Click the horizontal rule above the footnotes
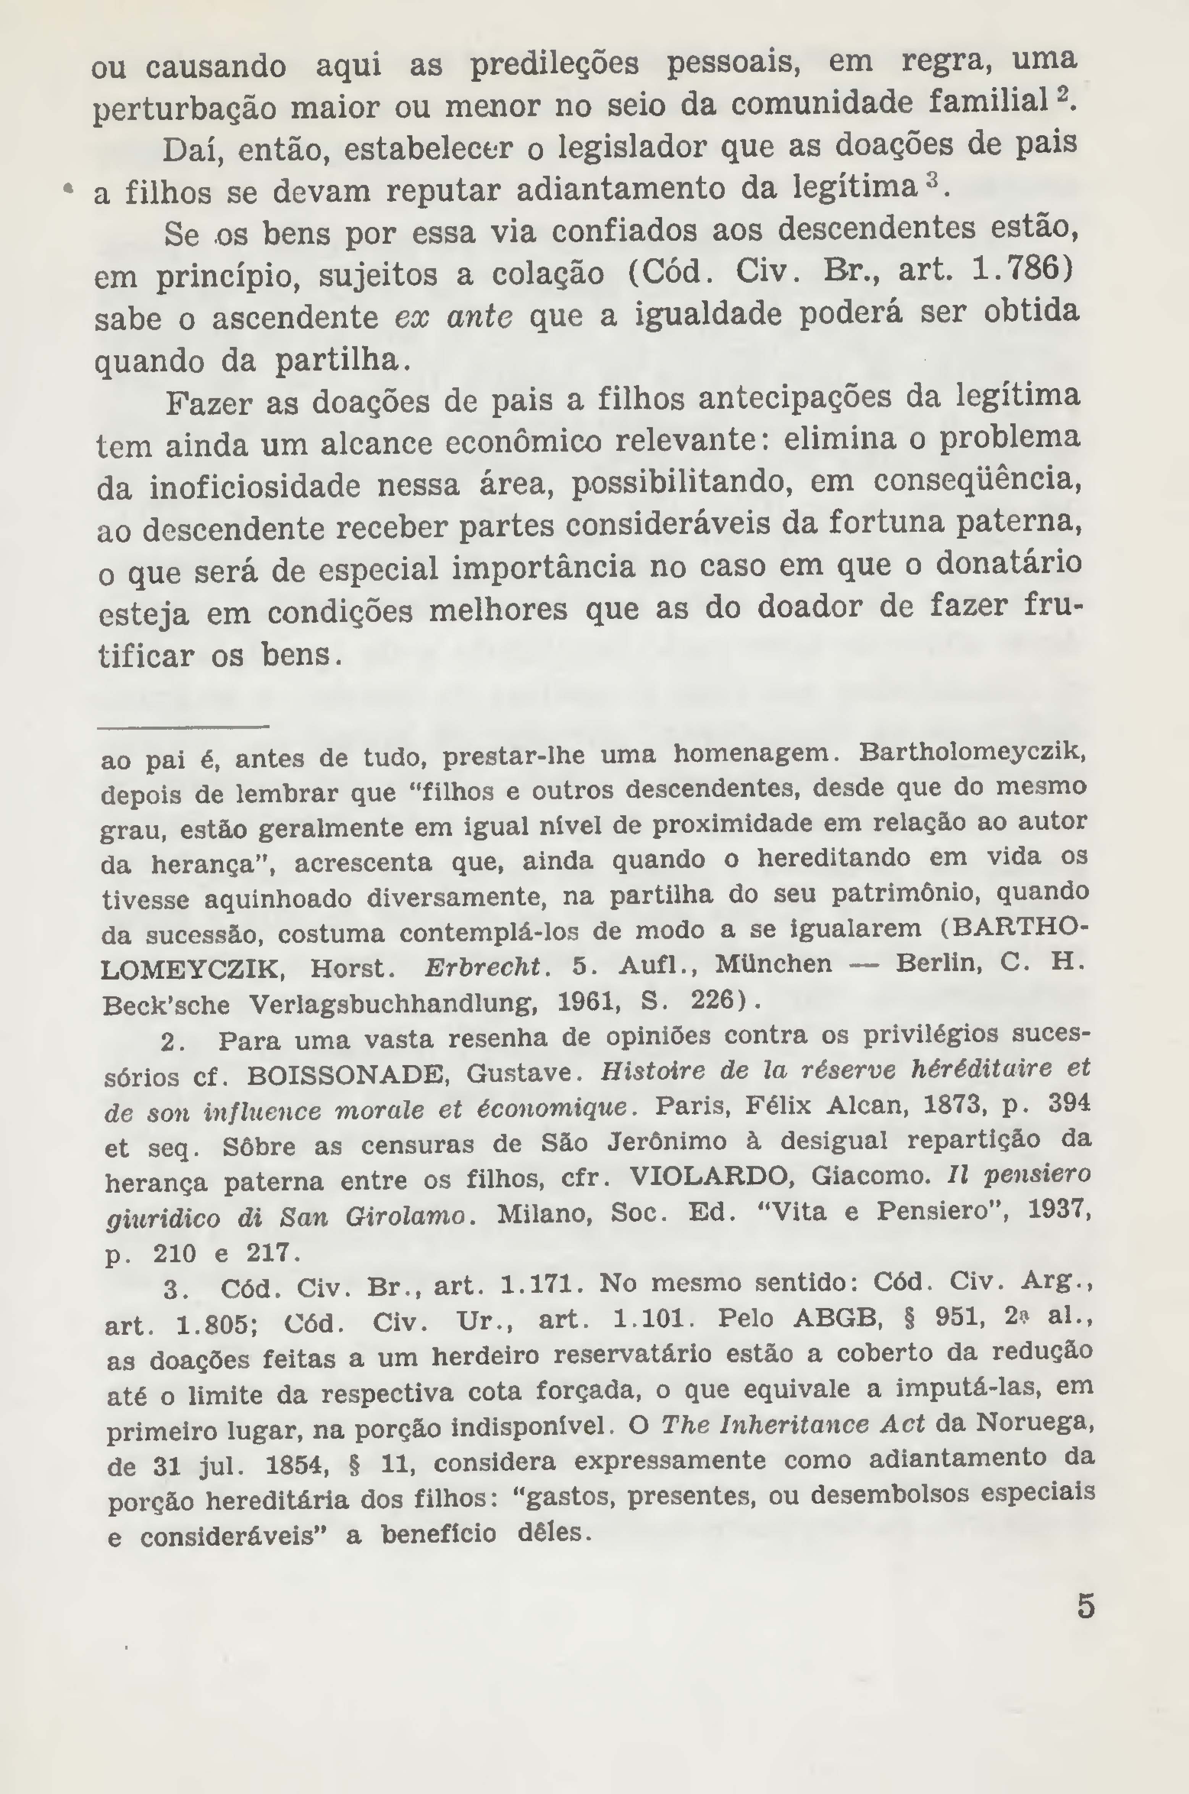(184, 728)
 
